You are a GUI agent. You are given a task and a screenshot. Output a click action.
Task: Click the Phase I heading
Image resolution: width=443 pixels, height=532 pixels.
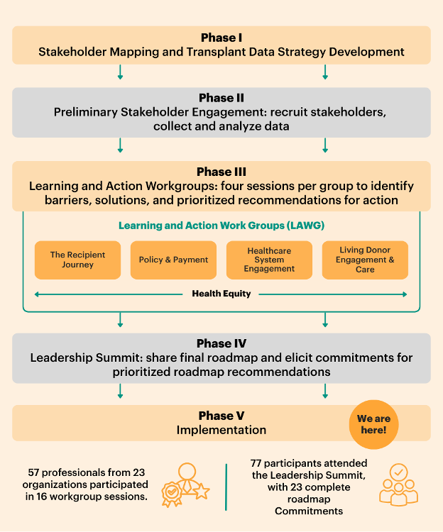pyautogui.click(x=221, y=38)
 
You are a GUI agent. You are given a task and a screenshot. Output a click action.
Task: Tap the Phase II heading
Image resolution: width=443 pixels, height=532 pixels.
pyautogui.click(x=221, y=98)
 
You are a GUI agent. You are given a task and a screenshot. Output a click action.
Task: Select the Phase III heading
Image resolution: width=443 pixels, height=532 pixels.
pyautogui.click(x=221, y=172)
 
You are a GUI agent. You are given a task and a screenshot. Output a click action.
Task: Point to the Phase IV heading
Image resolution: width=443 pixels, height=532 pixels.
pyautogui.click(x=221, y=344)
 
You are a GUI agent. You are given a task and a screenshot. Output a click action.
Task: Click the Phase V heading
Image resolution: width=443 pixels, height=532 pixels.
pyautogui.click(x=221, y=416)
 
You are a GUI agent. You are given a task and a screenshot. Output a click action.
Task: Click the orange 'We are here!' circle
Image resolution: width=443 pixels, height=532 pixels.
pyautogui.click(x=373, y=424)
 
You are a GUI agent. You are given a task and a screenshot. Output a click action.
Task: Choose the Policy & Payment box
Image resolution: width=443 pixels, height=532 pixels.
pyautogui.click(x=174, y=260)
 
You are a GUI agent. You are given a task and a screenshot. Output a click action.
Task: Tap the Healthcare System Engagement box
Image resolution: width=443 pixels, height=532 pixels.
pyautogui.click(x=269, y=260)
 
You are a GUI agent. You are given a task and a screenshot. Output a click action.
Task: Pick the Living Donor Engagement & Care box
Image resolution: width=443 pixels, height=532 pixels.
pyautogui.click(x=365, y=260)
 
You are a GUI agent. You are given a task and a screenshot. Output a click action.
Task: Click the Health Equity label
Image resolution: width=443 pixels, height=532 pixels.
pyautogui.click(x=221, y=294)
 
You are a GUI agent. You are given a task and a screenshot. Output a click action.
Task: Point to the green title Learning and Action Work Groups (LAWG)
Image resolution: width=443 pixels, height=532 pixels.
pyautogui.click(x=221, y=226)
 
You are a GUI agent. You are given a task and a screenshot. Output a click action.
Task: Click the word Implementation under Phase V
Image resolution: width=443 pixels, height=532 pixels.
pyautogui.click(x=221, y=430)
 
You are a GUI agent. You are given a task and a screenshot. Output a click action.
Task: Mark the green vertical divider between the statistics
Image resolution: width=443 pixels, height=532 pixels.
pyautogui.click(x=226, y=487)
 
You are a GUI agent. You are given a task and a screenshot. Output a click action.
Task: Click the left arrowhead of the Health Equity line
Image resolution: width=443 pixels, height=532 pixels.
pyautogui.click(x=37, y=294)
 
